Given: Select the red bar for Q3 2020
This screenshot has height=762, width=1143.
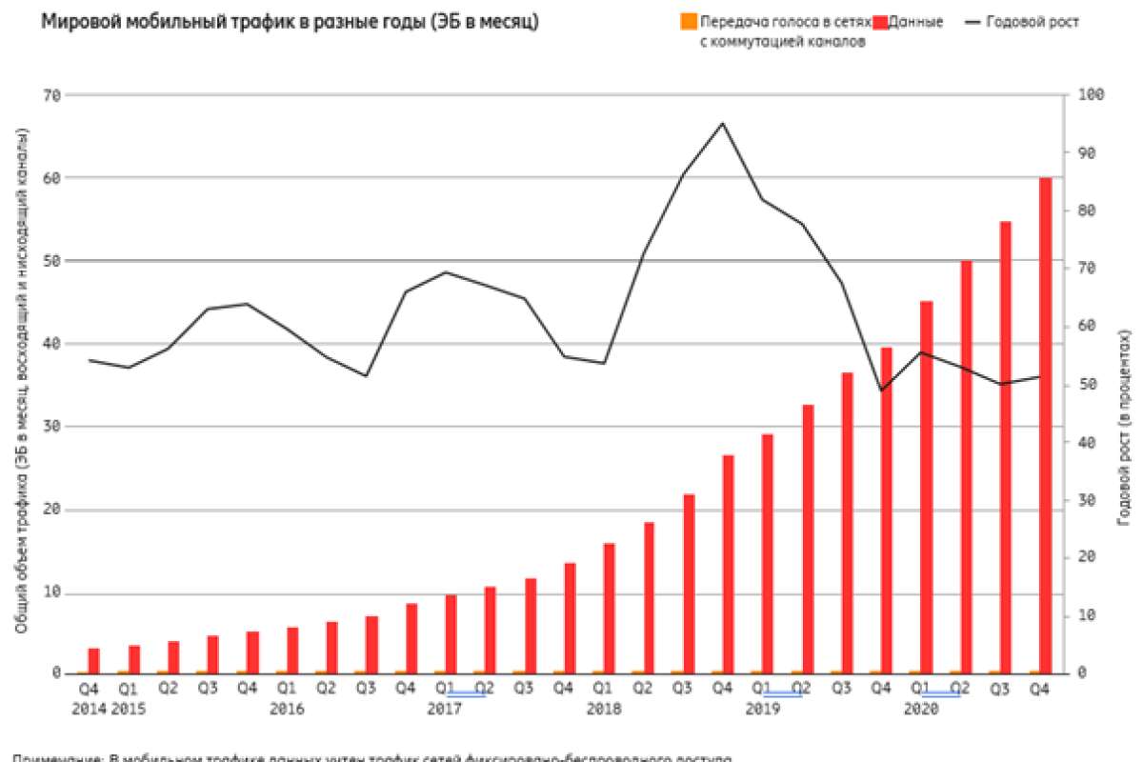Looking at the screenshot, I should pyautogui.click(x=1006, y=448).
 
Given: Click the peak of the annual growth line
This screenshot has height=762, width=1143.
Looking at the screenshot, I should pyautogui.click(x=723, y=123).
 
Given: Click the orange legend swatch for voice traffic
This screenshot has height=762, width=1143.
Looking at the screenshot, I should pyautogui.click(x=690, y=21).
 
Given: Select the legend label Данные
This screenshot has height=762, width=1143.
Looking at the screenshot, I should pyautogui.click(x=915, y=22).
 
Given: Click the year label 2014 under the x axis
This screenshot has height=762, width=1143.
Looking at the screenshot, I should pyautogui.click(x=89, y=709).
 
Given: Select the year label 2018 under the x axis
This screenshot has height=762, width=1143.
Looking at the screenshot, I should pyautogui.click(x=604, y=709).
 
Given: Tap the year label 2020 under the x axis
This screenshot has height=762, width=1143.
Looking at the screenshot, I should pyautogui.click(x=920, y=709).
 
